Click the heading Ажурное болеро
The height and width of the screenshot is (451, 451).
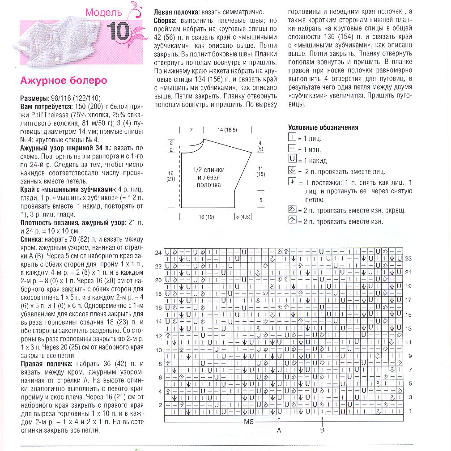(x=64, y=81)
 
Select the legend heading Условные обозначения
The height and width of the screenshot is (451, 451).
(x=323, y=128)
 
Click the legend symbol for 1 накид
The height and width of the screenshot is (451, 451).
(x=292, y=160)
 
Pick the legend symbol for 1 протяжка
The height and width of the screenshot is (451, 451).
(x=292, y=182)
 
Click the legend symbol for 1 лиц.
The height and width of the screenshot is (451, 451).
(x=292, y=138)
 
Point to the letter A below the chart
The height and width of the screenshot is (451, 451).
(x=279, y=430)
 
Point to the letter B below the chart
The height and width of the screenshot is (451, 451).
(x=322, y=430)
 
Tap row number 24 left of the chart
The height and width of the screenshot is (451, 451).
(x=158, y=253)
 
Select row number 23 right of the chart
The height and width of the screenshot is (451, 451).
(x=408, y=259)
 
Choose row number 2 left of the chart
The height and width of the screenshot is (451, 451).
(x=160, y=404)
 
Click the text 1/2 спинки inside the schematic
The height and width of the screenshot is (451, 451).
(x=209, y=170)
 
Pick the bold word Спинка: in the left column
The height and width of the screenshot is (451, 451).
(x=32, y=240)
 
